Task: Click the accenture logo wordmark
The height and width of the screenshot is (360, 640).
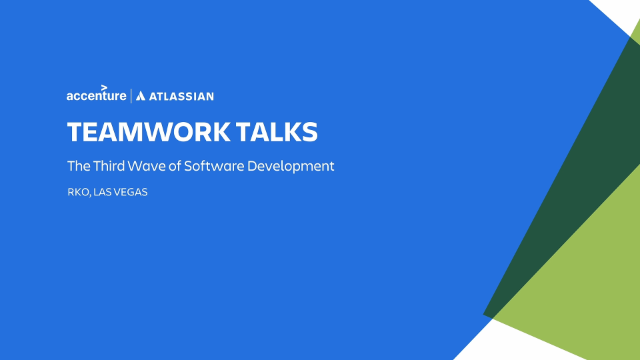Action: point(96,94)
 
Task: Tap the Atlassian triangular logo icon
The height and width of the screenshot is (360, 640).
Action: point(140,96)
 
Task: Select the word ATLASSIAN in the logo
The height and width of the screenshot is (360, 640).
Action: point(181,96)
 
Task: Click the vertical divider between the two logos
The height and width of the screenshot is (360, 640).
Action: point(131,96)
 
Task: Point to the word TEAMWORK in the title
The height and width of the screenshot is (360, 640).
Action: point(149,132)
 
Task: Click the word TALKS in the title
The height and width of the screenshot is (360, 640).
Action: point(277,132)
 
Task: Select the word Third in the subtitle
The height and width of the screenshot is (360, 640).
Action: point(108,166)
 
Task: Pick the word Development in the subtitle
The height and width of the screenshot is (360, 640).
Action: point(291,167)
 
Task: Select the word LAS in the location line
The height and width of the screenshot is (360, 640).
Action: point(103,192)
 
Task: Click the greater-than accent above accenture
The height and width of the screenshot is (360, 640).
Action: point(104,87)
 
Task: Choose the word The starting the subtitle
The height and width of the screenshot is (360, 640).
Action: point(79,166)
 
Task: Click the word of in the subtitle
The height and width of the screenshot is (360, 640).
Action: point(175,166)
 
